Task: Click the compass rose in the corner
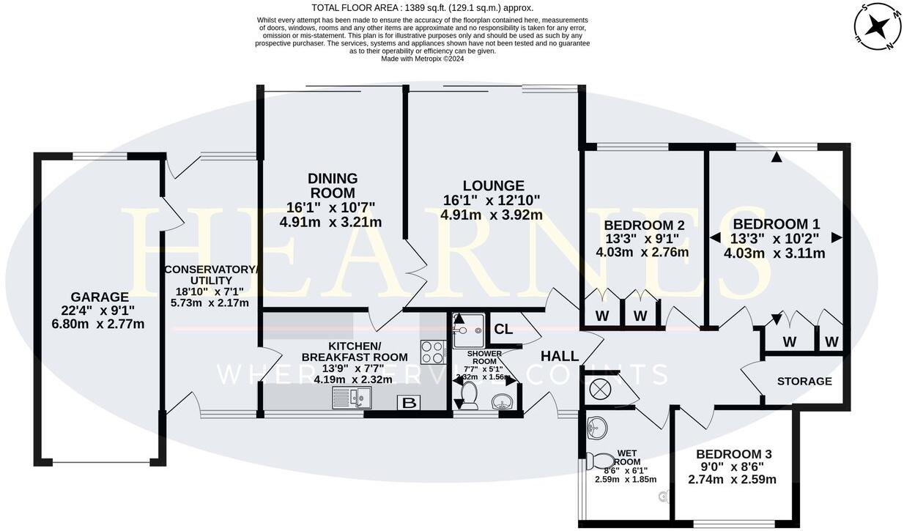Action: pos(878,26)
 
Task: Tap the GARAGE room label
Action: pos(99,297)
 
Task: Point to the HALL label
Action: pos(560,357)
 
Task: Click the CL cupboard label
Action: pos(503,330)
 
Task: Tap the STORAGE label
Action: pos(804,382)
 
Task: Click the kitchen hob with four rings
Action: pos(433,352)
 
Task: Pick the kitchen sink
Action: pos(352,398)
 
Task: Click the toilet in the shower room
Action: pos(467,398)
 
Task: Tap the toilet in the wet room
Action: pos(601,461)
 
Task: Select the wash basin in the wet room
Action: pos(597,426)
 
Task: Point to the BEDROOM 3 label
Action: pos(733,454)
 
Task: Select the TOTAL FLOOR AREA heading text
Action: pos(422,8)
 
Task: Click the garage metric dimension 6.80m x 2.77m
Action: pos(97,324)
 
